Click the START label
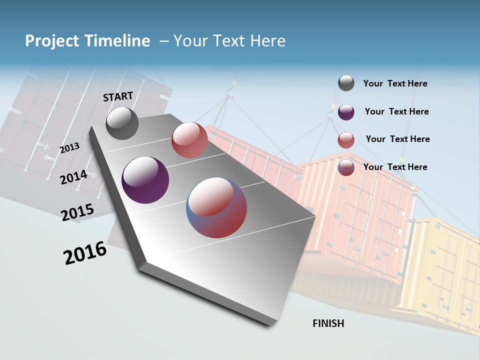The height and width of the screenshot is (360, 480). pos(118,96)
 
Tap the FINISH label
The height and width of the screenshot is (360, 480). pos(328,323)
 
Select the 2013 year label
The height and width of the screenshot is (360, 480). pos(69,147)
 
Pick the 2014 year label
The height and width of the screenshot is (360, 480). pos(73,177)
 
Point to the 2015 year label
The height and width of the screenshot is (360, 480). pos(77,212)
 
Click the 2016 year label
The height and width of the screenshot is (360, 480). pos(85,253)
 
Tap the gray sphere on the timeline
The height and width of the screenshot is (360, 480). pos(122,123)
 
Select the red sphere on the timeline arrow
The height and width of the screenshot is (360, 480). pos(189,140)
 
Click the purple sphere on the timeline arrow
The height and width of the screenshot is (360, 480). pos(145,180)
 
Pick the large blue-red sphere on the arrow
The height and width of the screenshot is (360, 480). pos(216,207)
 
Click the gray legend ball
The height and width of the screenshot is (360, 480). pos(346,83)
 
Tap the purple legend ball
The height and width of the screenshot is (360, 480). pos(346,112)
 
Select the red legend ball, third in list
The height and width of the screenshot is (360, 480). pos(346,140)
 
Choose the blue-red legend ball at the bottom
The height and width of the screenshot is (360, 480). pos(346,168)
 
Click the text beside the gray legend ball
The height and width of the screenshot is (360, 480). pos(395,83)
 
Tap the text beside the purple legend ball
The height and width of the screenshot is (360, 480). pos(396,111)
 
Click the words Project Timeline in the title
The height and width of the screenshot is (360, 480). pos(87,41)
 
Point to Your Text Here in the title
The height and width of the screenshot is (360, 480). pos(229,41)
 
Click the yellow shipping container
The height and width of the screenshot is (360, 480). pos(442,270)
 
